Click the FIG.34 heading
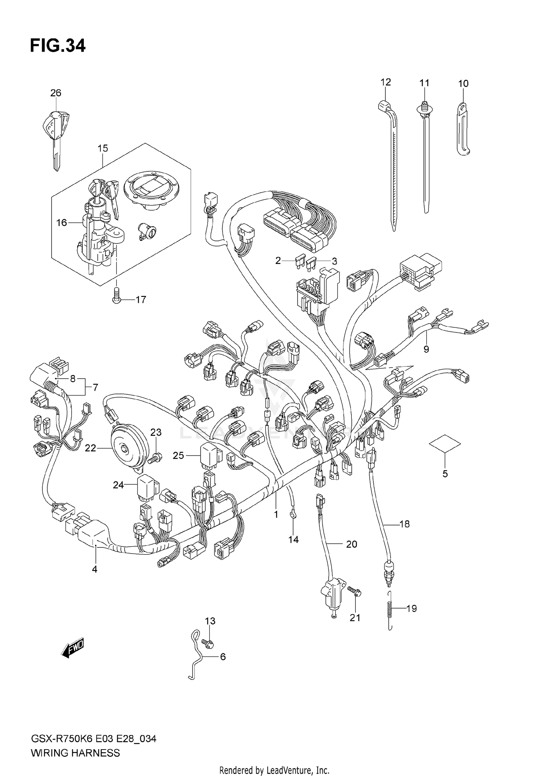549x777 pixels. pyautogui.click(x=57, y=46)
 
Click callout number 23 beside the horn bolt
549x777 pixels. pyautogui.click(x=156, y=432)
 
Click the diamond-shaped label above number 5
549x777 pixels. pyautogui.click(x=445, y=444)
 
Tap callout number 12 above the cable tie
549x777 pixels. pyautogui.click(x=386, y=82)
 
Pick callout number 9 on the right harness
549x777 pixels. pyautogui.click(x=426, y=349)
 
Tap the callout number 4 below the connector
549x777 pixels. pyautogui.click(x=95, y=569)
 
